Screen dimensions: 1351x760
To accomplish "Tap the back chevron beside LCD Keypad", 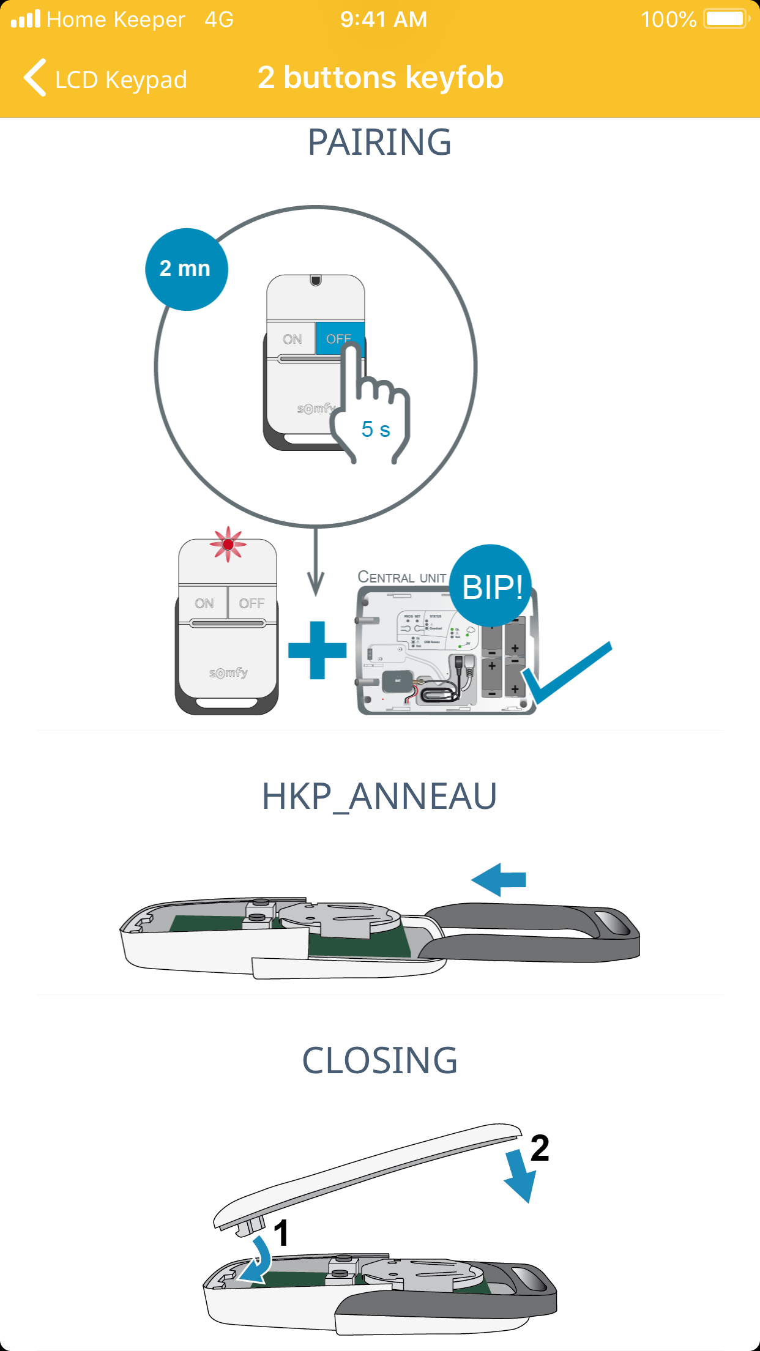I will (35, 78).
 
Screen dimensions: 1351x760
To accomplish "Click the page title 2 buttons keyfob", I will (380, 78).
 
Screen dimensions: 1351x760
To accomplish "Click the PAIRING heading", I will (379, 143).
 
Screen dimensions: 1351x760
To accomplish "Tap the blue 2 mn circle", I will (186, 269).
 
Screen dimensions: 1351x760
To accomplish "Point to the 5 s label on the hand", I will (375, 430).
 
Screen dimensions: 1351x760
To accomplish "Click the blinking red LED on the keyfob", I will (228, 544).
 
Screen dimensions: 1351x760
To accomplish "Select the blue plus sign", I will (317, 650).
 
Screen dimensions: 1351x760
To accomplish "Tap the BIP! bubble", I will (491, 586).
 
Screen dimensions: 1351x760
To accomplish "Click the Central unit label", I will (401, 577).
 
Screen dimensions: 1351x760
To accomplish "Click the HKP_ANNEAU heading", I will (379, 797).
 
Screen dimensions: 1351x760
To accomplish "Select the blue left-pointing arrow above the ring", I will (499, 880).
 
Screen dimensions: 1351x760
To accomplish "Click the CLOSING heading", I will (379, 1061).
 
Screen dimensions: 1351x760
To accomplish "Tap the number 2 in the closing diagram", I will (540, 1148).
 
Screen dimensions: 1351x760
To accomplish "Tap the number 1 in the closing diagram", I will (281, 1233).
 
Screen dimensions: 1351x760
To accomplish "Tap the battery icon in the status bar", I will (726, 19).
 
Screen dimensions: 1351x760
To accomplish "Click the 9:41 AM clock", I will (384, 20).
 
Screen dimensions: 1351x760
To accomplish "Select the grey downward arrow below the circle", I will (316, 563).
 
